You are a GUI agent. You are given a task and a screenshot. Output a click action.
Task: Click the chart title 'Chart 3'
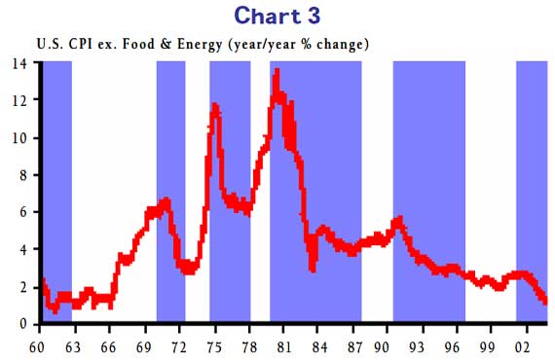(277, 17)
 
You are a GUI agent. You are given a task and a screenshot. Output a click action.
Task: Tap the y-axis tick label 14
(19, 63)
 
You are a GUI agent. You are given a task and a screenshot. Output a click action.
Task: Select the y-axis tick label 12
(19, 100)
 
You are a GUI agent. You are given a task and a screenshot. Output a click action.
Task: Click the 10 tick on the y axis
(19, 137)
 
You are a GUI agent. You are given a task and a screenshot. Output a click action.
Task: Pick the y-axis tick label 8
(23, 175)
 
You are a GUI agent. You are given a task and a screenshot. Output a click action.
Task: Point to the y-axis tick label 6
(23, 212)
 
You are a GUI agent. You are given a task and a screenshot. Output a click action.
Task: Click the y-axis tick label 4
(23, 249)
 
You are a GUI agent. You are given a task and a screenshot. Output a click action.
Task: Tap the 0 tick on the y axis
(23, 324)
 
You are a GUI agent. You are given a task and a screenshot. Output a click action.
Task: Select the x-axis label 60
(39, 343)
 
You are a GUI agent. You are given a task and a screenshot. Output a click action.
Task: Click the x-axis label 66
(109, 343)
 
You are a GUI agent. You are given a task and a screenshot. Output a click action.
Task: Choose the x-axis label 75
(215, 343)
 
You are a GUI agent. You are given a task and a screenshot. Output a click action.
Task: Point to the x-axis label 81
(285, 343)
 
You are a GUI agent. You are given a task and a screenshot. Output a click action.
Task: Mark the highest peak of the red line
(277, 71)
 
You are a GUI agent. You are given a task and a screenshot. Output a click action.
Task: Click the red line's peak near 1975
(214, 105)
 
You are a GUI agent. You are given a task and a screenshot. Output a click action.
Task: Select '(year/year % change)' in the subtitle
(297, 45)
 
